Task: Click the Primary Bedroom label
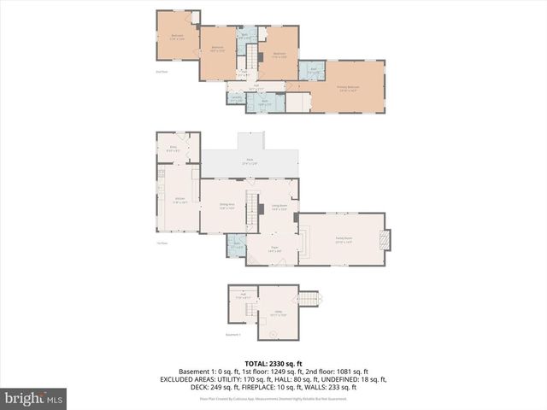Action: pyautogui.click(x=346, y=88)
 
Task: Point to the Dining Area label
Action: pyautogui.click(x=227, y=206)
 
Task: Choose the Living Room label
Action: pyautogui.click(x=279, y=206)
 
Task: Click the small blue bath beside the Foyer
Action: pyautogui.click(x=238, y=249)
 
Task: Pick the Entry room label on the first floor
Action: pyautogui.click(x=173, y=148)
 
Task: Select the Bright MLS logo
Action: pyautogui.click(x=34, y=398)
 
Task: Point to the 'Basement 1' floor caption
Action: pyautogui.click(x=233, y=335)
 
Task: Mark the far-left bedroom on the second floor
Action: pyautogui.click(x=176, y=36)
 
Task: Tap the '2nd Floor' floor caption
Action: pyautogui.click(x=161, y=72)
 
